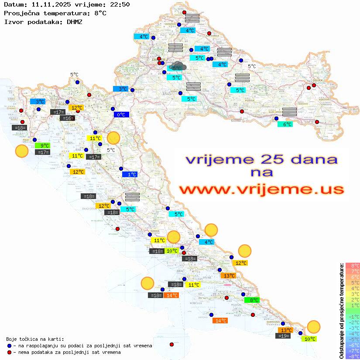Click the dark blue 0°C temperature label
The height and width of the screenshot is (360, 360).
coord(121,115)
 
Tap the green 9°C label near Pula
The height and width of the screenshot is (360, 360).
coord(44,146)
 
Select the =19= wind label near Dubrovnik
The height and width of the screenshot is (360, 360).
coord(284,336)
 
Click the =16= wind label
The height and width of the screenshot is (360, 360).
coord(68,118)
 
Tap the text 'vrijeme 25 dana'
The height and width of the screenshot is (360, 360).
coord(261,159)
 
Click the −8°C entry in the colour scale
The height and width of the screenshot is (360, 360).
coord(353,356)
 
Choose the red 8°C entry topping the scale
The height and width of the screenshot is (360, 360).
coord(353,265)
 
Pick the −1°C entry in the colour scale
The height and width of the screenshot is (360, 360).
coord(353,316)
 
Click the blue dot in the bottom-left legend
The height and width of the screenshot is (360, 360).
coord(10,346)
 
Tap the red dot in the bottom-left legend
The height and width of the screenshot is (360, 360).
coord(10,352)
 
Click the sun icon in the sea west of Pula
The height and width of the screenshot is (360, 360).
coord(21,151)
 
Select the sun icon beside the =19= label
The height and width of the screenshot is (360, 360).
coord(313,326)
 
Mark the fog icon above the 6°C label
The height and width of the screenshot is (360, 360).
coord(289,111)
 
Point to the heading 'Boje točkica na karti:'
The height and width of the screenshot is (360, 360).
coord(35,339)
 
